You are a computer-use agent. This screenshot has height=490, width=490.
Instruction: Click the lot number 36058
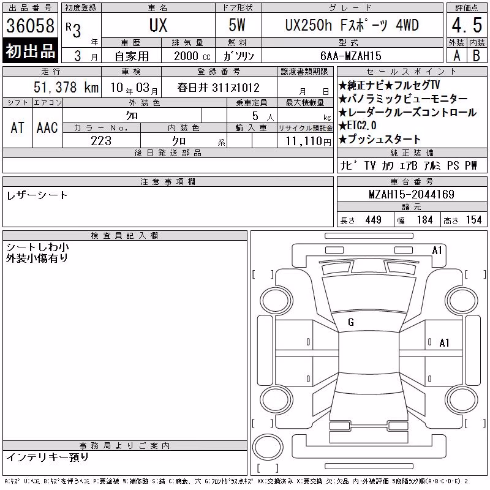pos(30,25)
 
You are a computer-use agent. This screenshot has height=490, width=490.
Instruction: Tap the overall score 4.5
pos(467,25)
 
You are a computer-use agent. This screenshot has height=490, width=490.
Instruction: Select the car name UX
pos(158,25)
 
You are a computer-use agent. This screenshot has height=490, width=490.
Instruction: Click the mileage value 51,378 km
pos(66,87)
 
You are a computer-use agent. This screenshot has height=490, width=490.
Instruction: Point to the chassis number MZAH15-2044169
pos(412,194)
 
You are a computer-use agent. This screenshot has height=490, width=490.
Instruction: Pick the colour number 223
pos(101,141)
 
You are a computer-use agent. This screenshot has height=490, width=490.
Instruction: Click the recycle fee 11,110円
pos(308,141)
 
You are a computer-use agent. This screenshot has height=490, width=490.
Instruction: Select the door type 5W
pos(237,25)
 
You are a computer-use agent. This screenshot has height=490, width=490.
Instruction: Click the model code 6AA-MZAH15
pos(350,56)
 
